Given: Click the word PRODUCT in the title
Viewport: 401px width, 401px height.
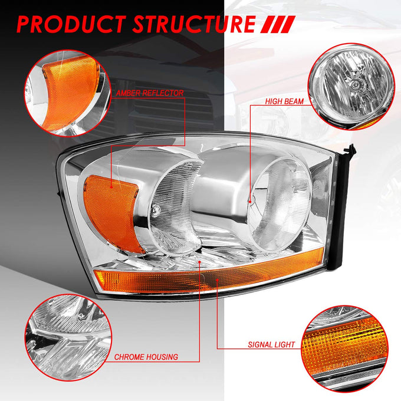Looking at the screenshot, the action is [71, 24].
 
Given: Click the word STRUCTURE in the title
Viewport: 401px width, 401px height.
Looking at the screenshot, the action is [194, 24].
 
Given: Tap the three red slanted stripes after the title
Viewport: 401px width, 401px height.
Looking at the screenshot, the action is [278, 24].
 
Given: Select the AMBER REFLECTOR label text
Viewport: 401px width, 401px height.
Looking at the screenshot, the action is [150, 93].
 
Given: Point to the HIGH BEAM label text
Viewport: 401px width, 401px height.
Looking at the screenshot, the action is [284, 101].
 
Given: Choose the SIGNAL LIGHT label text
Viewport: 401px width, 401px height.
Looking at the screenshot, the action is [271, 345].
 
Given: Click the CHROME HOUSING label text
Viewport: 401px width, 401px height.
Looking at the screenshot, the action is [146, 357].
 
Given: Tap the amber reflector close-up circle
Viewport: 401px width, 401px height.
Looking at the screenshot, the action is [67, 93].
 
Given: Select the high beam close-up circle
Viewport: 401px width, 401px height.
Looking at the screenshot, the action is [351, 87].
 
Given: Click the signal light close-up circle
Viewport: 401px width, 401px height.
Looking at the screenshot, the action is [345, 349].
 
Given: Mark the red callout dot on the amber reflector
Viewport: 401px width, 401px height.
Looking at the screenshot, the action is [111, 187].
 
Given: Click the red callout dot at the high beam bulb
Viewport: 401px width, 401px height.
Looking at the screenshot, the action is [251, 202].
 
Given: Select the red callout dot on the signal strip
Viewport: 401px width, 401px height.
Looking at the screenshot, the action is [217, 280].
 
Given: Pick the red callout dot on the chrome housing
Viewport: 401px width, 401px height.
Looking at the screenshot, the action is [200, 262].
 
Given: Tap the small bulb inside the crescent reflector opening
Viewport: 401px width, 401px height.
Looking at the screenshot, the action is [156, 210].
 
